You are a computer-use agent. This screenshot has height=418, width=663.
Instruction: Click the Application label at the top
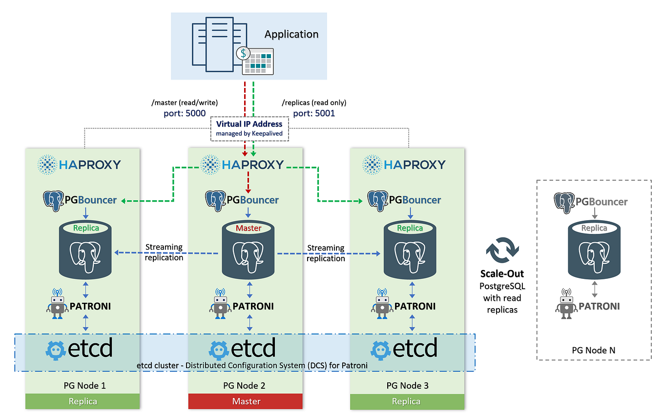(291, 34)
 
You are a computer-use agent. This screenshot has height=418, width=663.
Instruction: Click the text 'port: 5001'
(314, 113)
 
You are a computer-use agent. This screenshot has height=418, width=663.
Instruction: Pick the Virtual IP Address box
(249, 128)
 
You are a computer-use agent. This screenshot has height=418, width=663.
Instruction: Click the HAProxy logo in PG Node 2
(243, 165)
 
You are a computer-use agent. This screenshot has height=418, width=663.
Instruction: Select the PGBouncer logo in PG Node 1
(81, 200)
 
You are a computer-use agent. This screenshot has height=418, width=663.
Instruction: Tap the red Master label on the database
(249, 228)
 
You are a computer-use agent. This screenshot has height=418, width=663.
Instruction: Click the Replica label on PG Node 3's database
(410, 228)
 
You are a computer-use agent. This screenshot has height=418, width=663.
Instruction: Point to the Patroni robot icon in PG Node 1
(57, 304)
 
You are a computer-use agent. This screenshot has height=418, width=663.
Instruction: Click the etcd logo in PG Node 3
(404, 349)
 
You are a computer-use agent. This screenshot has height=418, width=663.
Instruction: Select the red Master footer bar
(246, 401)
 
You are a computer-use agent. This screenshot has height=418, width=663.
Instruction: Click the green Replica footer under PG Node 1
(83, 401)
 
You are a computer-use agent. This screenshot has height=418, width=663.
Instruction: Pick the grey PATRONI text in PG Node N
(599, 306)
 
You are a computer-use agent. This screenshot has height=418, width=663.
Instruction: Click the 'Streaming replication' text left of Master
(164, 252)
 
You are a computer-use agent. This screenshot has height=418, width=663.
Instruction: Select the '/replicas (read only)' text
(314, 103)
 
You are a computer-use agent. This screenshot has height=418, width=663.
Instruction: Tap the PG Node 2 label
(244, 385)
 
